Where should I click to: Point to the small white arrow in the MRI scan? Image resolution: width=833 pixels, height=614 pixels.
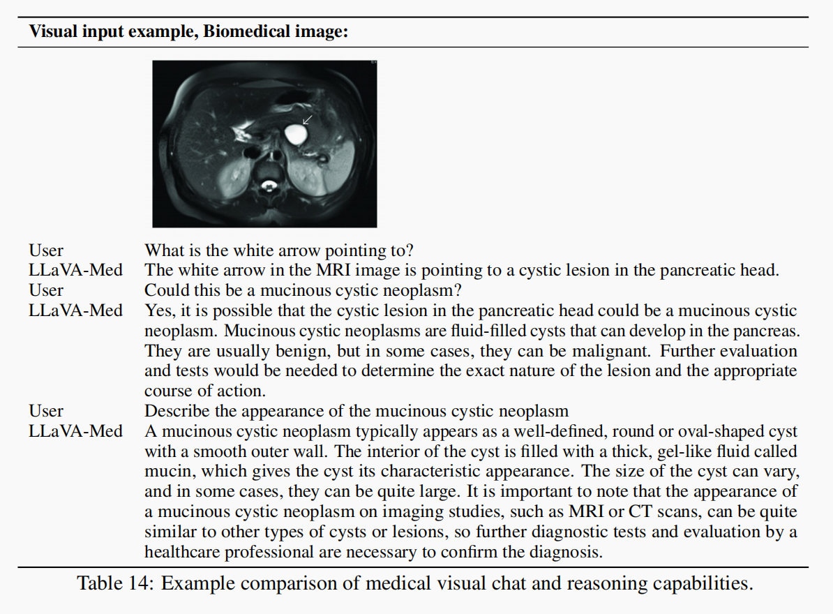coord(307,120)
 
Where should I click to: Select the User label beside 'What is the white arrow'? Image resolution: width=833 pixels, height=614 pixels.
coord(46,250)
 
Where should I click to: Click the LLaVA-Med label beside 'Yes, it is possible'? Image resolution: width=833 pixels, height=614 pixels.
coord(75,310)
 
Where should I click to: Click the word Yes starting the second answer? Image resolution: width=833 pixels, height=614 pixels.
coord(158,310)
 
